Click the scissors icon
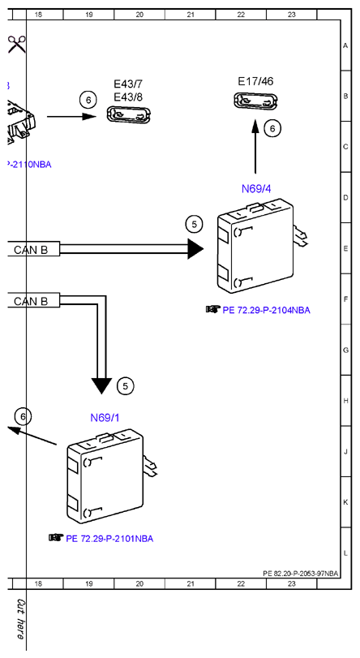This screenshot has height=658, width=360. click(16, 44)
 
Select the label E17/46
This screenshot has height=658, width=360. click(255, 81)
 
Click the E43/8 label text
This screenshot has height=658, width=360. click(128, 97)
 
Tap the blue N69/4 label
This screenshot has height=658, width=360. click(256, 189)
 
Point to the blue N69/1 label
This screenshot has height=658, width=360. click(105, 418)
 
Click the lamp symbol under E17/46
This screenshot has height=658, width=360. click(256, 102)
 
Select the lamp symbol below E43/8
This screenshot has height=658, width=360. click(129, 115)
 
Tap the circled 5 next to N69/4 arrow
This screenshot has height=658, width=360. click(194, 225)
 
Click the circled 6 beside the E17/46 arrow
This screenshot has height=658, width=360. click(272, 128)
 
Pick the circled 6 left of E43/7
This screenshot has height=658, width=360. click(88, 101)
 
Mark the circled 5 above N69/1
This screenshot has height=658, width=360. click(125, 385)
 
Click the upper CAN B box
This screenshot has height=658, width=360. click(33, 250)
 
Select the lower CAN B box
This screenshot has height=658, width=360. click(33, 301)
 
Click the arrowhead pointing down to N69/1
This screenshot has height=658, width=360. click(101, 385)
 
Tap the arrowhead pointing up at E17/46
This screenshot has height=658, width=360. click(255, 126)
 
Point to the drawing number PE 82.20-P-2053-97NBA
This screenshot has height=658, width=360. click(301, 574)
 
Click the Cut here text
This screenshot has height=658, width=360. click(20, 618)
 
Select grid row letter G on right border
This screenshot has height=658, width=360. click(345, 350)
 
